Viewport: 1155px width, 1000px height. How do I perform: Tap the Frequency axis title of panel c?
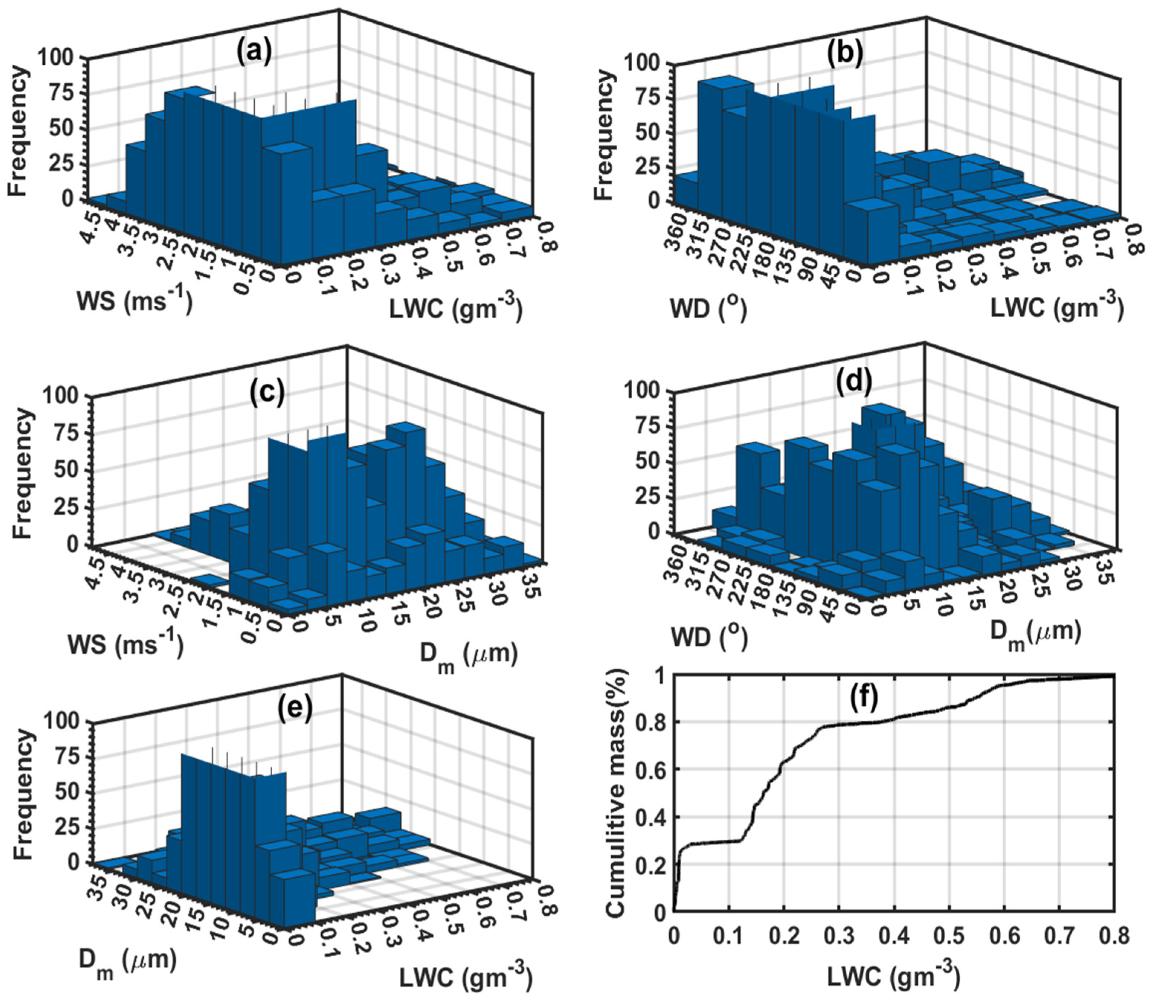[x=22, y=474]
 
